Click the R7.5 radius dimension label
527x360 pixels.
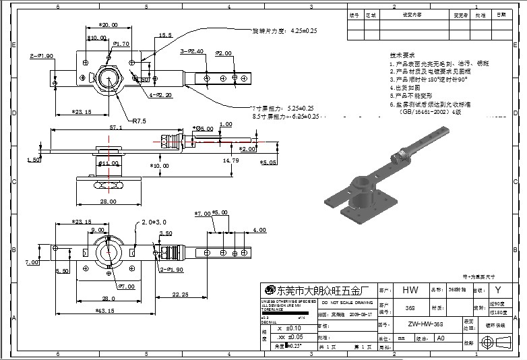(139, 121)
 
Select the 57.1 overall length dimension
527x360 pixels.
(116, 127)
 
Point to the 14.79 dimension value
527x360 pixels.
(230, 160)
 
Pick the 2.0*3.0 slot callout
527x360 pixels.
(154, 222)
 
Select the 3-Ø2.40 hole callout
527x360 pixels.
(191, 51)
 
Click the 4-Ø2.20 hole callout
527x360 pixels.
(160, 95)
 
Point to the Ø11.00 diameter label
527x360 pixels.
(108, 163)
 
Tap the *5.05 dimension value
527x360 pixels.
(268, 162)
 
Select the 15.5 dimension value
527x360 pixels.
(165, 34)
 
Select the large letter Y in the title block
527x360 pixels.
(498, 291)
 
